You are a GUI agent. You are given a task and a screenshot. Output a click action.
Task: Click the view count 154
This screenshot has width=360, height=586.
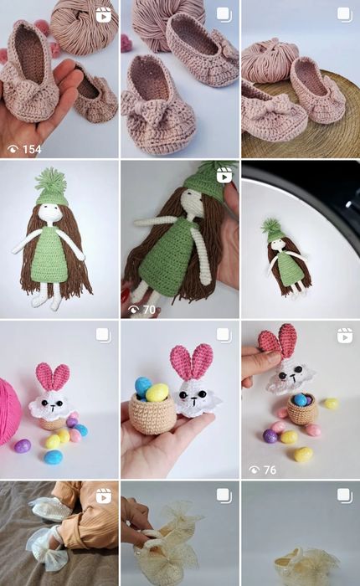coord(32,150)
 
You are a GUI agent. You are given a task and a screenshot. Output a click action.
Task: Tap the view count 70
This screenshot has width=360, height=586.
coord(149,310)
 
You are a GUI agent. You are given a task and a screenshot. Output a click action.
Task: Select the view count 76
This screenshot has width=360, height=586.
coord(270,470)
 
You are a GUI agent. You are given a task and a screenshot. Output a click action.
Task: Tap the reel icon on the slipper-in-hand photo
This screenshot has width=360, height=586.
coord(103,15)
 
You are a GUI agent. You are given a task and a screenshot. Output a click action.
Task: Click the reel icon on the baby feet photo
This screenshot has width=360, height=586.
coord(104,496)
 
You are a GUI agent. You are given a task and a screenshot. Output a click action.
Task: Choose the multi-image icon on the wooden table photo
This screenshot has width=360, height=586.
coord(345,15)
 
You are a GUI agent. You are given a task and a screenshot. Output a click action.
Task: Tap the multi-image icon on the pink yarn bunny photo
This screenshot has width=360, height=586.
coord(103,335)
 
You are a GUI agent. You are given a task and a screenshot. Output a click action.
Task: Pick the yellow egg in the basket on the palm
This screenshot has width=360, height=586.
coord(157,392)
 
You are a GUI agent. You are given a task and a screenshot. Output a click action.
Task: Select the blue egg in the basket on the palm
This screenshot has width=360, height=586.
coord(142,387)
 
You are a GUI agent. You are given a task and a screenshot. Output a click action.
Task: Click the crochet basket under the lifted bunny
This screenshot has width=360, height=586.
coord(302,409)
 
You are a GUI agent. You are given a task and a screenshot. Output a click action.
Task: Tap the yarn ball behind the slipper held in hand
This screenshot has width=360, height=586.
coord(84,27)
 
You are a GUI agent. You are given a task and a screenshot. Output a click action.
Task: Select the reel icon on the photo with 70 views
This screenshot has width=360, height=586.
coord(224,175)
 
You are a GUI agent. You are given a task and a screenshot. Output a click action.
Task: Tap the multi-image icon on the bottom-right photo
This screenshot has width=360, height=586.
coord(345,496)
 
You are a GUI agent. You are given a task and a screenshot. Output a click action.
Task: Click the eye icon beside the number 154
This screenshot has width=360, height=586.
coord(13,150)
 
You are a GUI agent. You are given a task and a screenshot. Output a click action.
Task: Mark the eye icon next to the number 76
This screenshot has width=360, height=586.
coord(255,470)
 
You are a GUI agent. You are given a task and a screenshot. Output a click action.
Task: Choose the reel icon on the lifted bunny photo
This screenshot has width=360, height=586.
coord(345,335)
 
